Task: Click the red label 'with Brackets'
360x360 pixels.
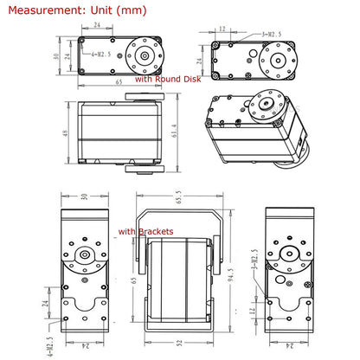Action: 145,231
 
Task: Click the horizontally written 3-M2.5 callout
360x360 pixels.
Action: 263,34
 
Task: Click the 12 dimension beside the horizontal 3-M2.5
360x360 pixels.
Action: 222,29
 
